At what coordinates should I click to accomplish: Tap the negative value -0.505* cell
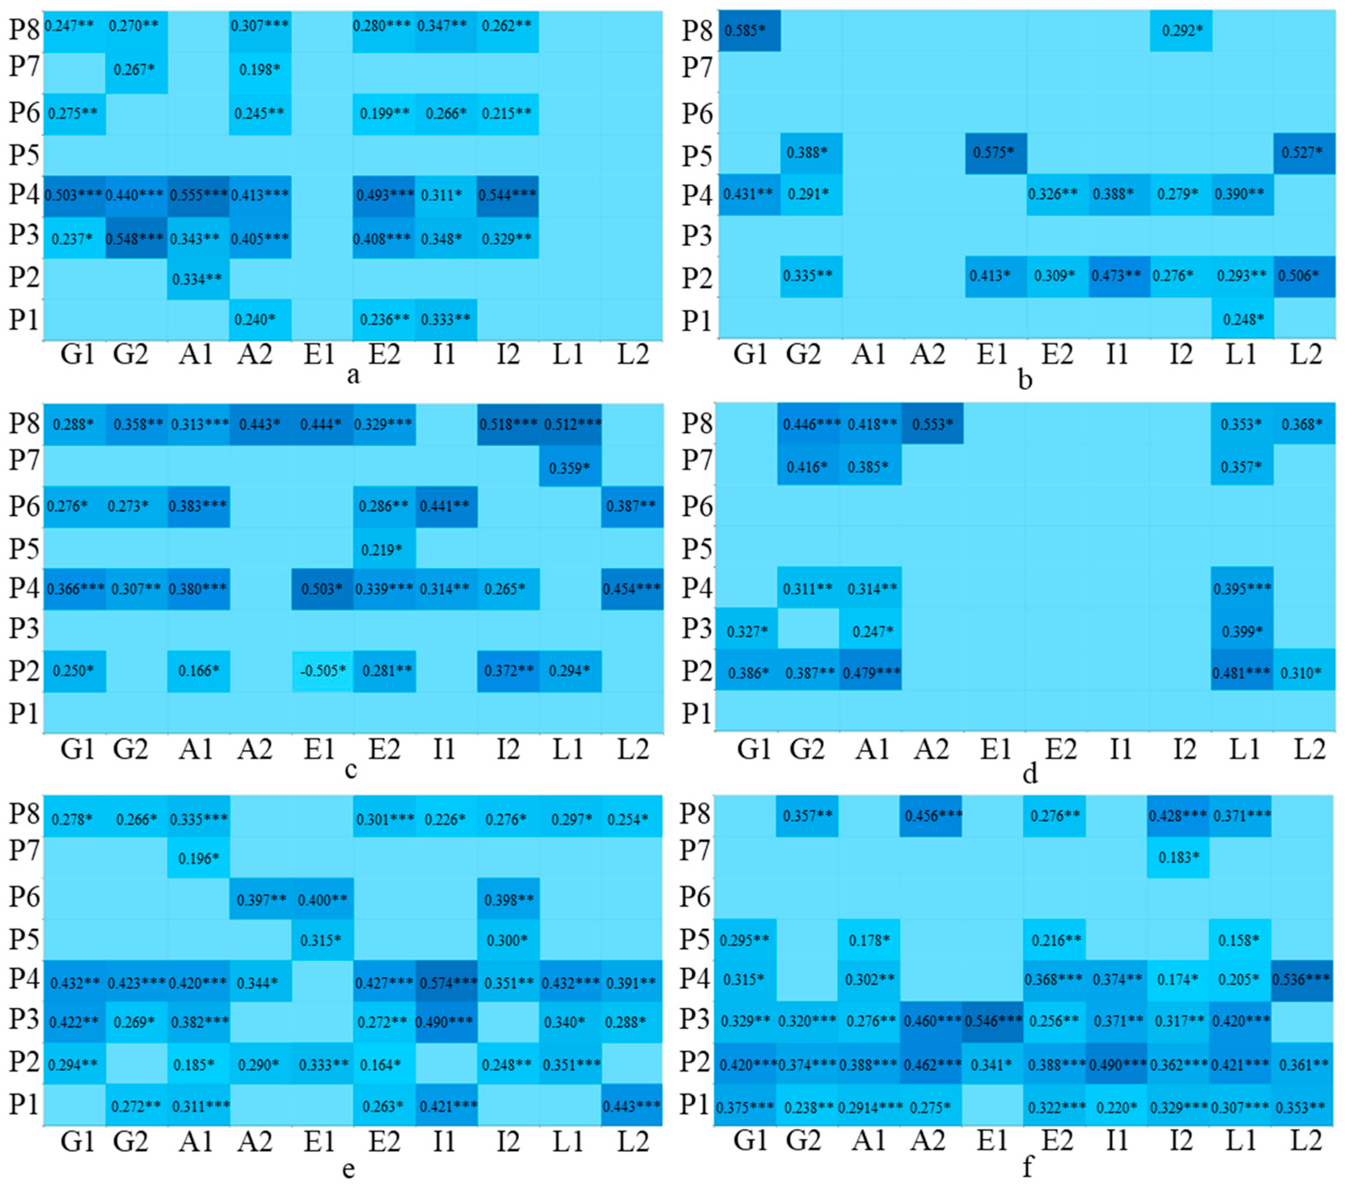coord(322,671)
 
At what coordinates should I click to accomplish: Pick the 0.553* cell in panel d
coord(932,424)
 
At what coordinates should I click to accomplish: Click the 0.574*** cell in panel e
coord(446,983)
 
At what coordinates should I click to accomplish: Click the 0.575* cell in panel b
coord(995,153)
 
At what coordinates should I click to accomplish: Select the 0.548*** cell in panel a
coord(136,238)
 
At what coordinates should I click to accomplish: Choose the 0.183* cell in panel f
coord(1178,858)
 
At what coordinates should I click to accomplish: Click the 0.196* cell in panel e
coord(198,858)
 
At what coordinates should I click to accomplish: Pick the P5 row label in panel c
coord(24,548)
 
